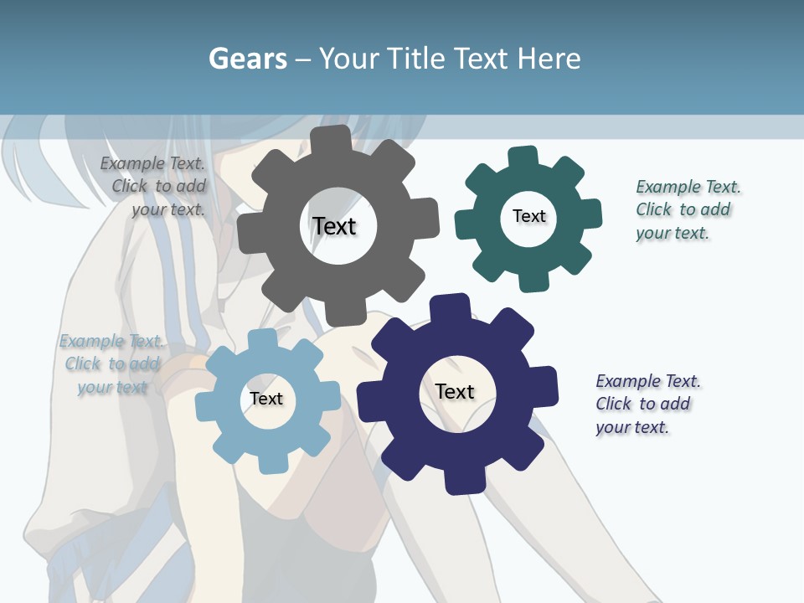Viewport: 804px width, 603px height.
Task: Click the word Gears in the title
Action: [247, 59]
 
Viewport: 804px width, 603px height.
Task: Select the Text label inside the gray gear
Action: [334, 226]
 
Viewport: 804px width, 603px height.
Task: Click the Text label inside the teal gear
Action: [528, 216]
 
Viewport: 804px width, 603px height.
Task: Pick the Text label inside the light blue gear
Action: [266, 399]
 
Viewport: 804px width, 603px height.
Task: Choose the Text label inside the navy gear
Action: [455, 391]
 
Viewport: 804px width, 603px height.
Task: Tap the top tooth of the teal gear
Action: [523, 157]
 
